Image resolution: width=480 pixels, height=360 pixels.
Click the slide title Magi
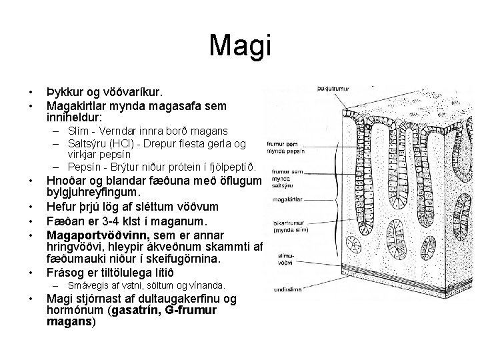(240, 45)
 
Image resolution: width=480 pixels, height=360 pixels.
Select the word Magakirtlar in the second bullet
(75, 105)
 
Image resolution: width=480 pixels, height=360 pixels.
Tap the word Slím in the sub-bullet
(77, 131)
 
